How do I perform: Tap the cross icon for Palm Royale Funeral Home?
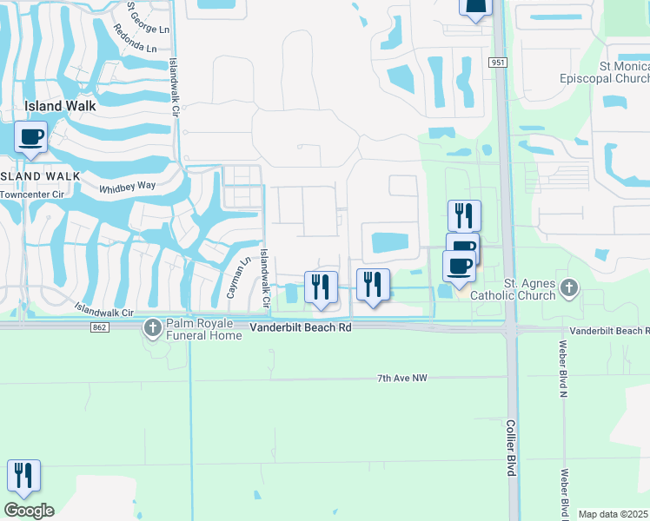(x=153, y=327)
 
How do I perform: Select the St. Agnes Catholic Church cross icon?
(x=569, y=287)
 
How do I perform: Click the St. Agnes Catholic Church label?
(x=513, y=290)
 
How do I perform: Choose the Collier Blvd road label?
(x=511, y=446)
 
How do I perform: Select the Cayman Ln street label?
(x=232, y=277)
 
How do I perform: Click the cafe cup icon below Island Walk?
(x=31, y=137)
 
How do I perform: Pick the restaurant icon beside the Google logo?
(x=23, y=476)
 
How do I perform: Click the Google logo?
(x=29, y=511)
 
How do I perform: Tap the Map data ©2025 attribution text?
(x=614, y=514)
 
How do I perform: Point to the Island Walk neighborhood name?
(x=56, y=106)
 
